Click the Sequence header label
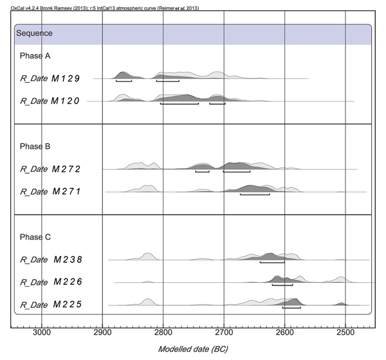click(35, 33)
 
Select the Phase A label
click(34, 56)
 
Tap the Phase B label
click(34, 146)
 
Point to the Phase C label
click(34, 237)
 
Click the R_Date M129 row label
click(50, 78)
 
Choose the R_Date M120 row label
click(50, 102)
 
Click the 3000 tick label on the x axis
click(42, 332)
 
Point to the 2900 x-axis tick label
click(103, 332)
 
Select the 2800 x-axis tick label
click(163, 332)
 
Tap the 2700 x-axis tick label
click(225, 332)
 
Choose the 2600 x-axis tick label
click(285, 332)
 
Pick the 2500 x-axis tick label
click(346, 332)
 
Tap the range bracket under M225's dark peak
click(291, 308)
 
